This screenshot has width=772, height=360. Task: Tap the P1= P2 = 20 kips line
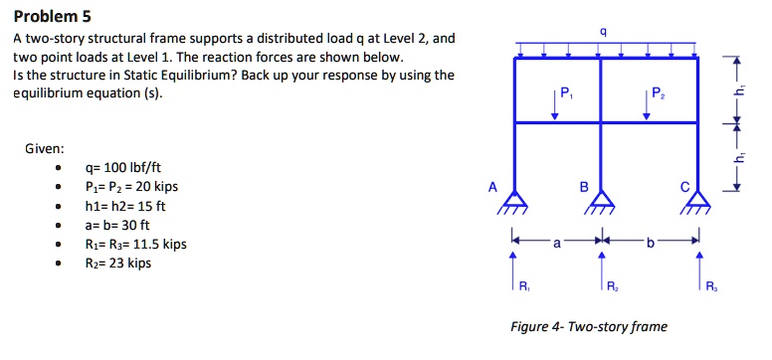pos(135,187)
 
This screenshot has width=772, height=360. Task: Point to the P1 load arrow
pos(556,104)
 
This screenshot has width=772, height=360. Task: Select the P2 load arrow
pos(645,104)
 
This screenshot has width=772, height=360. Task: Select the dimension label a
pos(556,241)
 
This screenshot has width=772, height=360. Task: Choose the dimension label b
pos(651,241)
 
